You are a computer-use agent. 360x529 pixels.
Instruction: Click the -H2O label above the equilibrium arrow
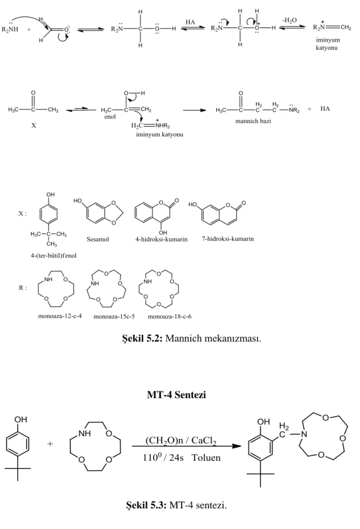tap(289, 21)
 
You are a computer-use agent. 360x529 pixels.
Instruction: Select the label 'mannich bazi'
tap(253, 121)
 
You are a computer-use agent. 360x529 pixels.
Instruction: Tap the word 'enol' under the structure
tap(110, 117)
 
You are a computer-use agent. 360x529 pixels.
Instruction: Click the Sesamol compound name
tap(98, 239)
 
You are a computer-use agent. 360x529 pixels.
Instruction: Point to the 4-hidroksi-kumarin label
tap(161, 239)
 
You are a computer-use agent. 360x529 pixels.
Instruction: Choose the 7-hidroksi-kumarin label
tap(228, 239)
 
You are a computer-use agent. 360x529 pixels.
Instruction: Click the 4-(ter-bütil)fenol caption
tap(54, 256)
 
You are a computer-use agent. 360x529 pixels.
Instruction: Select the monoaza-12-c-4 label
tap(60, 316)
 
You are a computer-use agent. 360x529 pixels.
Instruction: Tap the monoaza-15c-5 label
tap(114, 317)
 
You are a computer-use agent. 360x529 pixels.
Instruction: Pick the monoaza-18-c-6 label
tap(170, 317)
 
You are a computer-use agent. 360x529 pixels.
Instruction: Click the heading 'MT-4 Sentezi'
tap(177, 395)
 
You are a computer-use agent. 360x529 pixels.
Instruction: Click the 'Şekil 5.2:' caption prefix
tap(142, 338)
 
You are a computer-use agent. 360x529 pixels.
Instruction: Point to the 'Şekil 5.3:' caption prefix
tap(146, 505)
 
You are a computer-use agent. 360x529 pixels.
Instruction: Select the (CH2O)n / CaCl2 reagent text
tap(181, 441)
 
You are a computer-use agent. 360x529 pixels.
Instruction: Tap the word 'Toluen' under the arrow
tap(206, 458)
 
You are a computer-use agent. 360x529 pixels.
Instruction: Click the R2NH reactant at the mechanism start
tap(10, 30)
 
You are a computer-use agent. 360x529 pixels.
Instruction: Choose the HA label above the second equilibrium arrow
tap(190, 22)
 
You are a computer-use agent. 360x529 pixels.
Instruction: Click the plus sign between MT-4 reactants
tap(50, 444)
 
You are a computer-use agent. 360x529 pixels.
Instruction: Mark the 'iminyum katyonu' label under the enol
tap(159, 135)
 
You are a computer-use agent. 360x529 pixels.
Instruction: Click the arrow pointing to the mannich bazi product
tap(194, 110)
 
